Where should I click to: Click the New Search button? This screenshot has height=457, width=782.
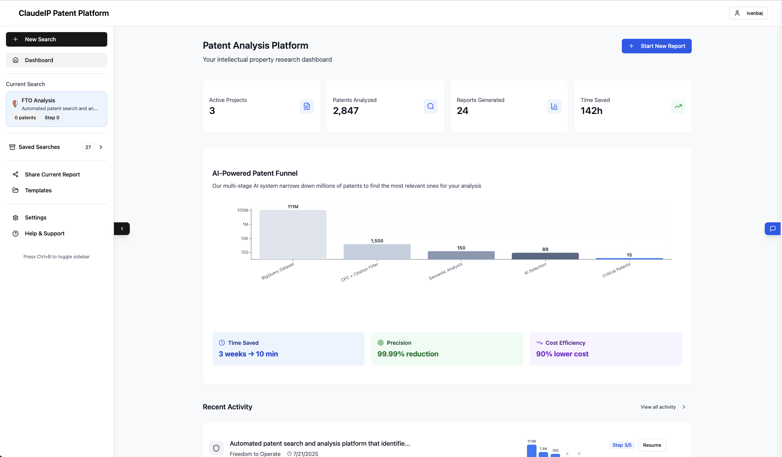[56, 39]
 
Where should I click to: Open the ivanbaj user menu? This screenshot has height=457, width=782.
[748, 13]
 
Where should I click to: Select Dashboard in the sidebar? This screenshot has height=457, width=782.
[56, 60]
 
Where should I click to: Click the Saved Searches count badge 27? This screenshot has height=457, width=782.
[88, 147]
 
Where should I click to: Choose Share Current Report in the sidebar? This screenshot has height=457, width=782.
[52, 174]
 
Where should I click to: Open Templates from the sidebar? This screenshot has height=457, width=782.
[38, 190]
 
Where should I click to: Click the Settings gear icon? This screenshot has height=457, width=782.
[16, 218]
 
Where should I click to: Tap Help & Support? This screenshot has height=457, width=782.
[44, 233]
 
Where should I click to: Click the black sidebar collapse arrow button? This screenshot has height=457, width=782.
[122, 229]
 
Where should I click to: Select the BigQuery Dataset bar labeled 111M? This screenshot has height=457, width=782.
[293, 235]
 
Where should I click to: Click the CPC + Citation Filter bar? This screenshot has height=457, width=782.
[377, 252]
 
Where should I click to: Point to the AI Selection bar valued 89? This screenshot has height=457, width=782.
[545, 256]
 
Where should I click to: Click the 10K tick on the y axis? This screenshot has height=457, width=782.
[244, 238]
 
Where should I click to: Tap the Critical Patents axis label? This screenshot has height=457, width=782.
[616, 270]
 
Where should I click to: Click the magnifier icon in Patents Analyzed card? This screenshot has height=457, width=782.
[430, 106]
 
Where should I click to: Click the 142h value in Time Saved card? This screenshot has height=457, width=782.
[591, 111]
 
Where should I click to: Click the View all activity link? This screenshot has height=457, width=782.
[658, 407]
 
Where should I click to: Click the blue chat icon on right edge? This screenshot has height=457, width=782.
[772, 229]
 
